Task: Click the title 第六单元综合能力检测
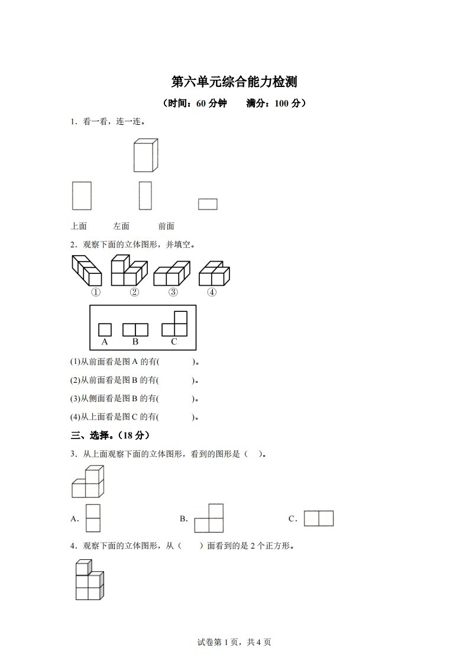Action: tap(234, 81)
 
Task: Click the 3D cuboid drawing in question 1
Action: tap(145, 156)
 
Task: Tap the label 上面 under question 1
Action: tap(79, 226)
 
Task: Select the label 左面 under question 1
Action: tap(121, 226)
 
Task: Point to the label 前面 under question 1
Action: tap(166, 226)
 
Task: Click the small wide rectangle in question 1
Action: tap(208, 204)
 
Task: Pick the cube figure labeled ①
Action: tap(87, 271)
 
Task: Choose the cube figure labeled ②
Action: tap(128, 270)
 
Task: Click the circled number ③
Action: tap(173, 292)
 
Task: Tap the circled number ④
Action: tap(212, 292)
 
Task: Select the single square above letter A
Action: tap(105, 330)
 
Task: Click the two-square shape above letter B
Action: tap(135, 330)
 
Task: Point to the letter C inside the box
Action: tap(174, 341)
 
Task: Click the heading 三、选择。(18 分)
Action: tap(111, 436)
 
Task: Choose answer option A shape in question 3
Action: tap(93, 518)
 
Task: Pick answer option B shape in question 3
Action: tap(209, 519)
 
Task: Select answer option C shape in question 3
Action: tap(319, 519)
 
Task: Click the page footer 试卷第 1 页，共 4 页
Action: tap(234, 642)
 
